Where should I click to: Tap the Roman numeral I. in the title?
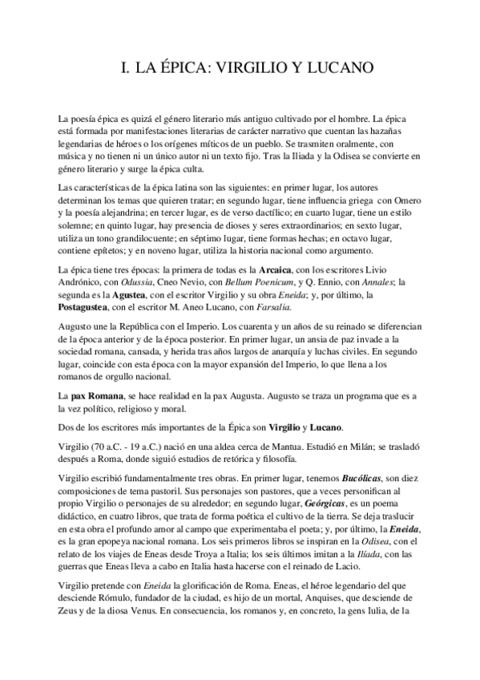pos(123,69)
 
